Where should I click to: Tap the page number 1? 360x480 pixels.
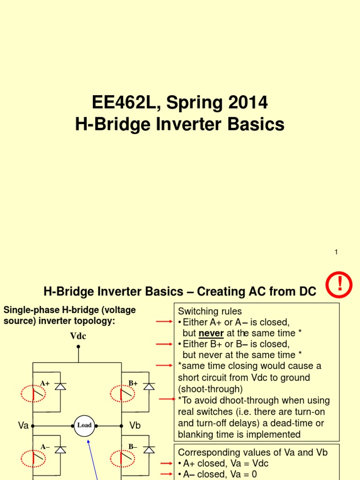[x=336, y=252]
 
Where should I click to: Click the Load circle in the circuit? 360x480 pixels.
[x=84, y=425]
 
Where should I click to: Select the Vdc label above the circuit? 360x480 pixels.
[x=78, y=336]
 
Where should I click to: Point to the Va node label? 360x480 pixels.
[x=23, y=425]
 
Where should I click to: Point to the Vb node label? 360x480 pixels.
[x=135, y=425]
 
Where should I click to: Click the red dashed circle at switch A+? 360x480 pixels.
[x=33, y=393]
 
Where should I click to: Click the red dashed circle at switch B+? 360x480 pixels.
[x=122, y=393]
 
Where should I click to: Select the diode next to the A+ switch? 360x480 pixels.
[x=60, y=386]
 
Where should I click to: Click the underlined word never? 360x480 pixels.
[x=211, y=333]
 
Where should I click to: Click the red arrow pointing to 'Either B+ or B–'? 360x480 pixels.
[x=164, y=344]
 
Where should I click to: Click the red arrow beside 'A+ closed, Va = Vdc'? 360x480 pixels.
[x=164, y=463]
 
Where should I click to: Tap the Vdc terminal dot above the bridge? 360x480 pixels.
[x=78, y=347]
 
